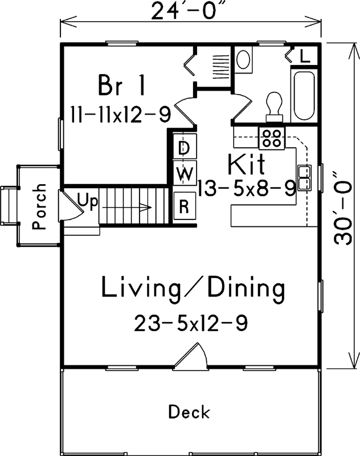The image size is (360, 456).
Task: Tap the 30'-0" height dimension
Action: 344,208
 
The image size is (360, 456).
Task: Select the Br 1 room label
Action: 122,86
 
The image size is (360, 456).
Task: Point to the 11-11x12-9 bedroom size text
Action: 121,115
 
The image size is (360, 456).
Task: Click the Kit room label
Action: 246,165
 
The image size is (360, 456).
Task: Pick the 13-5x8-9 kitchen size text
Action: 247,188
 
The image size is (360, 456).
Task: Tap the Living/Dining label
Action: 193,288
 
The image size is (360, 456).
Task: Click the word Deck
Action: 189,412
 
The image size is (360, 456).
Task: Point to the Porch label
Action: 39,206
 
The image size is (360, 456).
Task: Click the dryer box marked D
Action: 184,148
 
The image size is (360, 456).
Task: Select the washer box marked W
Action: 184,173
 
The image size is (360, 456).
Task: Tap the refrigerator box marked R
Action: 184,206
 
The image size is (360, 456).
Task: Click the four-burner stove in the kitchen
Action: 272,137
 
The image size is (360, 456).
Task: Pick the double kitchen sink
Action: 304,177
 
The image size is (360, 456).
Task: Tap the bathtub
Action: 304,95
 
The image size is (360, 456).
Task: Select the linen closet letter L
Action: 305,56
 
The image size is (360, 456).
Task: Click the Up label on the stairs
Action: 87,201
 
